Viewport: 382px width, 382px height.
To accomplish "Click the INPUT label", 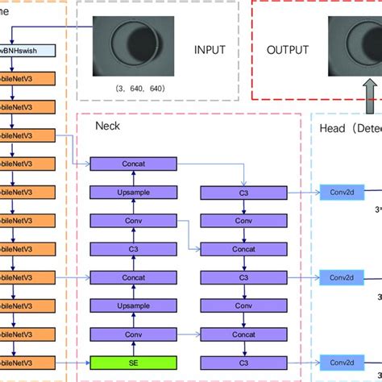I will click(x=210, y=49).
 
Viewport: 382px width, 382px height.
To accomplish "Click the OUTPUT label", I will click(x=288, y=49).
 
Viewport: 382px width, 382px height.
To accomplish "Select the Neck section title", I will click(x=108, y=127).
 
